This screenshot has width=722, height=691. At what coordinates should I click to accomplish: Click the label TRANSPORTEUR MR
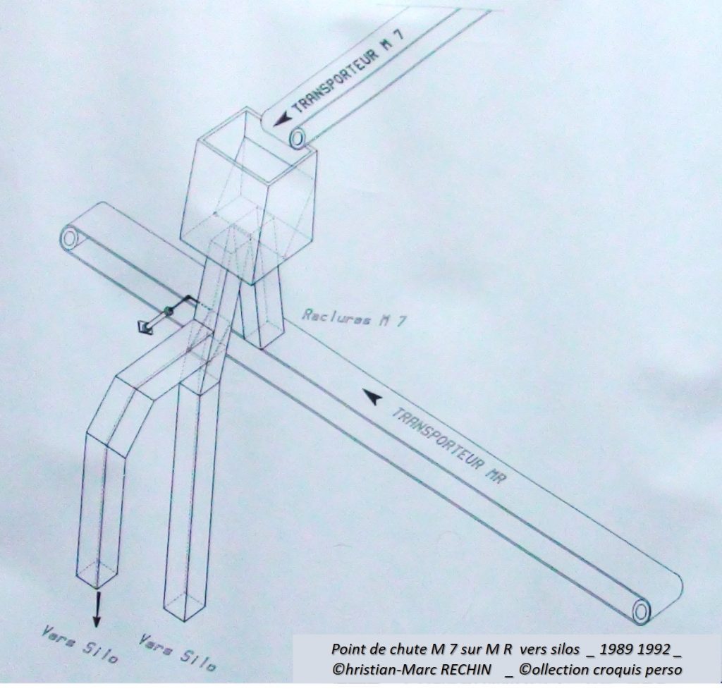coord(449,444)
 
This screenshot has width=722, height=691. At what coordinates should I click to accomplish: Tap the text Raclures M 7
coord(354,317)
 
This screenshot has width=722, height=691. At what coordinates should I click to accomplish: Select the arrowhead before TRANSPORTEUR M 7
coord(282,119)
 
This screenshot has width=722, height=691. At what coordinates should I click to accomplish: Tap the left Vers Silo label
coord(79,644)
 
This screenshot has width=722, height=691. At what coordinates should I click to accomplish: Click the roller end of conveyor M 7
coord(298,137)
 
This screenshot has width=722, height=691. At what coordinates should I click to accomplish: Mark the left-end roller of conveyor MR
coord(70,238)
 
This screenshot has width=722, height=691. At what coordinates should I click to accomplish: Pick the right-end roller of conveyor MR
coord(641,611)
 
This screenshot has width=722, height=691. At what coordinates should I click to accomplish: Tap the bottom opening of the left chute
coord(96,575)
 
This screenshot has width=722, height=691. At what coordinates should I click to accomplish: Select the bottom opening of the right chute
coord(184,608)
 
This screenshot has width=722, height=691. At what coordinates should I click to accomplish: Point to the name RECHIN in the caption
coord(466,669)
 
